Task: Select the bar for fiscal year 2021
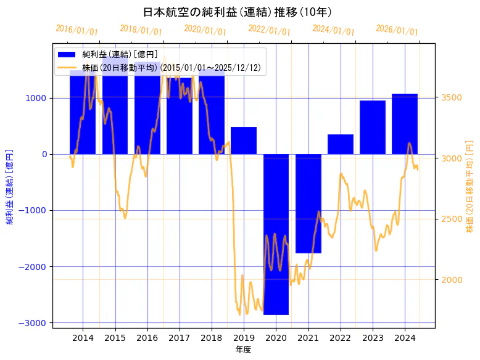308,203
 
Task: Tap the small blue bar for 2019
244,141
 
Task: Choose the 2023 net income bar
373,127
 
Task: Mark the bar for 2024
405,124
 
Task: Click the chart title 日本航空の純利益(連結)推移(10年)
237,12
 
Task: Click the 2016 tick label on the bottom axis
147,338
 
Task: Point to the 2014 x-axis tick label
83,338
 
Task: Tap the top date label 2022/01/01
270,30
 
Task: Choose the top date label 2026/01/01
397,30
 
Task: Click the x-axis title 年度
243,350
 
